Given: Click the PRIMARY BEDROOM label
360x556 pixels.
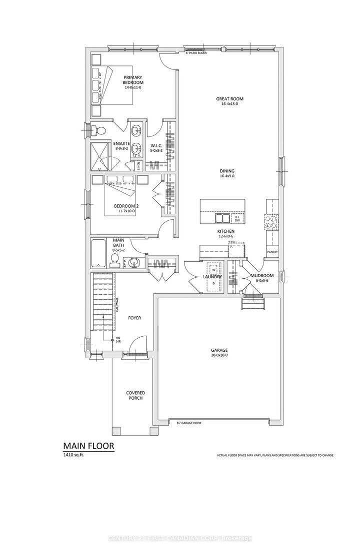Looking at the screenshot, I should point(133,79).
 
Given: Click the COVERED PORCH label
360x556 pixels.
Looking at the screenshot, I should point(134,395).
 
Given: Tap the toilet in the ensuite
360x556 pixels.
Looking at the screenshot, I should point(100,131).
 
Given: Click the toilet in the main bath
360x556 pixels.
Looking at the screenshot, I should point(114,259).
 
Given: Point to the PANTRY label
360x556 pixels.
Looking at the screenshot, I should point(272,252).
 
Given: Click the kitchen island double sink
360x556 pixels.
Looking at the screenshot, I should point(222,218).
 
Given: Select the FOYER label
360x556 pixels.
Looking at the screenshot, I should point(134,317).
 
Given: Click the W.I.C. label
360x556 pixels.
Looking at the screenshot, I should point(155,146).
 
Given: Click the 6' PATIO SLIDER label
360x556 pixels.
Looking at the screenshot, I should point(196,52).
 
